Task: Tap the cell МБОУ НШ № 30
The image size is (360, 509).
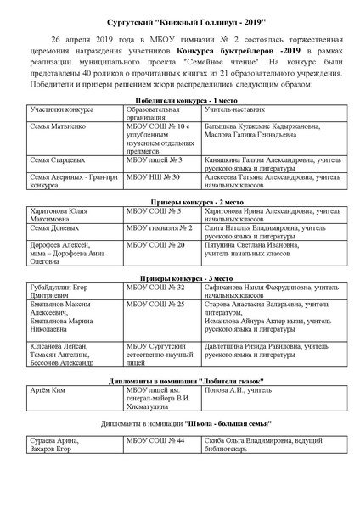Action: (x=153, y=200)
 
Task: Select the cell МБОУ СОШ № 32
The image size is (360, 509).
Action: (x=155, y=311)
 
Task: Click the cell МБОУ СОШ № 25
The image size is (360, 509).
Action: (x=155, y=327)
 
